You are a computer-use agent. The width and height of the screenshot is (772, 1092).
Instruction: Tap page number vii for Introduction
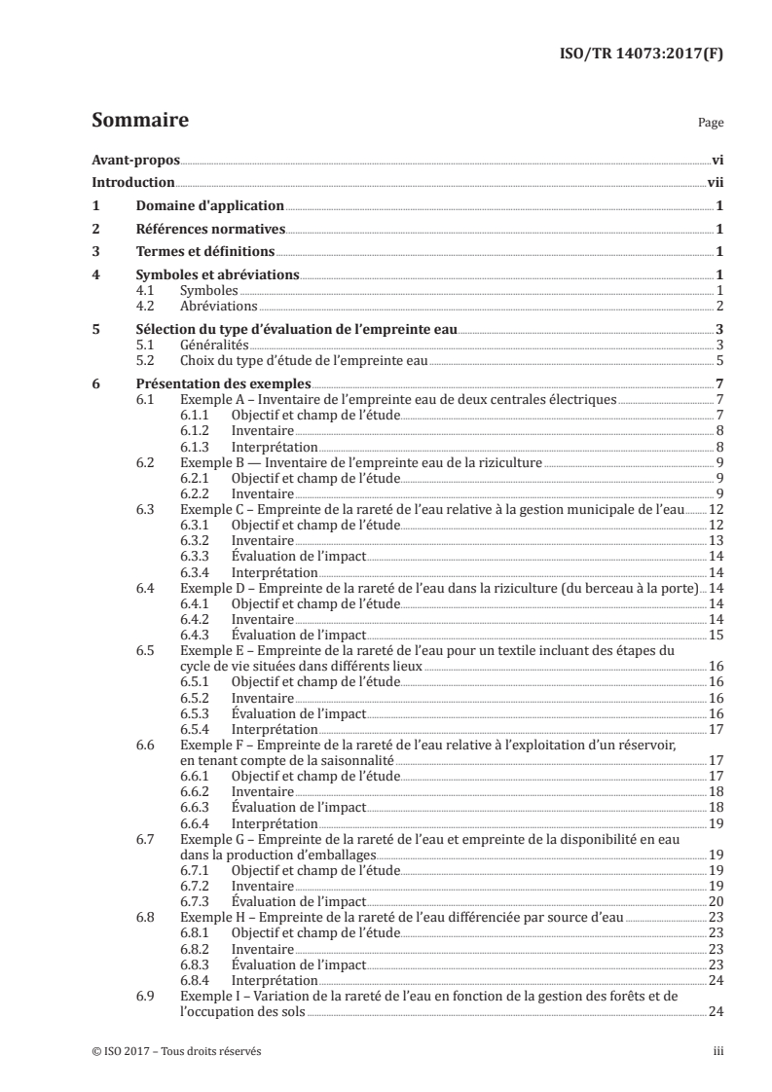pyautogui.click(x=714, y=182)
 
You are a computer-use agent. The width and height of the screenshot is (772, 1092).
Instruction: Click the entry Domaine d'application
pyautogui.click(x=209, y=205)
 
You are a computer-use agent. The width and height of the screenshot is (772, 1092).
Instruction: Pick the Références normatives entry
pyautogui.click(x=210, y=230)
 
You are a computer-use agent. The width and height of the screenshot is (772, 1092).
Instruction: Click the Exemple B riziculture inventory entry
pyautogui.click(x=360, y=462)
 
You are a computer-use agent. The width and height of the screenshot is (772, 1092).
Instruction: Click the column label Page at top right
pyautogui.click(x=711, y=124)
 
